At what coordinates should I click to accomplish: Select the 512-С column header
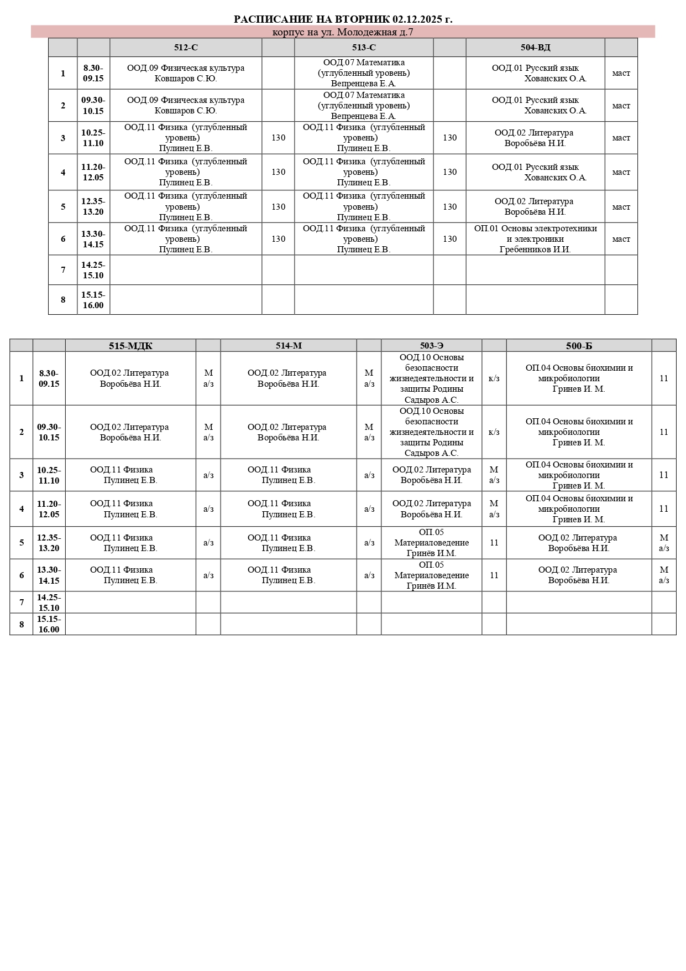click(x=186, y=48)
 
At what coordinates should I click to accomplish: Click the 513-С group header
click(x=364, y=48)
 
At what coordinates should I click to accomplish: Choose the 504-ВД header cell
click(x=535, y=48)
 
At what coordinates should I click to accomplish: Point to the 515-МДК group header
click(x=130, y=346)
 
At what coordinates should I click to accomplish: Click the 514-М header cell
click(x=289, y=346)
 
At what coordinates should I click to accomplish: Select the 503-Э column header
click(x=431, y=346)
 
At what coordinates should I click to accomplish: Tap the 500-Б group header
click(x=579, y=346)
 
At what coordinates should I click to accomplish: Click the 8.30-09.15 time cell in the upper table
click(x=93, y=73)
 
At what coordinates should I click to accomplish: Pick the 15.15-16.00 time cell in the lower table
click(x=49, y=624)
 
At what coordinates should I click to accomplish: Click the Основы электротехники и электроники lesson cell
click(x=535, y=239)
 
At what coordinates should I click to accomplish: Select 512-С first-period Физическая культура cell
click(x=186, y=73)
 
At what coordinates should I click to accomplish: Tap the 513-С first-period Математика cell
click(x=364, y=73)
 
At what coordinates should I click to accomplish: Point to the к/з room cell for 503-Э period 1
click(x=494, y=378)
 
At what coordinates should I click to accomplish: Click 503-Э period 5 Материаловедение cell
click(x=431, y=543)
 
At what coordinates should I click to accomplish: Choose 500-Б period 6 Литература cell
click(x=579, y=575)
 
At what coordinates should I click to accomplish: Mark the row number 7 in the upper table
click(x=63, y=270)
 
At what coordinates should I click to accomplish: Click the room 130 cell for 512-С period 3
click(x=278, y=138)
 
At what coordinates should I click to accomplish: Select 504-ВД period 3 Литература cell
click(x=535, y=138)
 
